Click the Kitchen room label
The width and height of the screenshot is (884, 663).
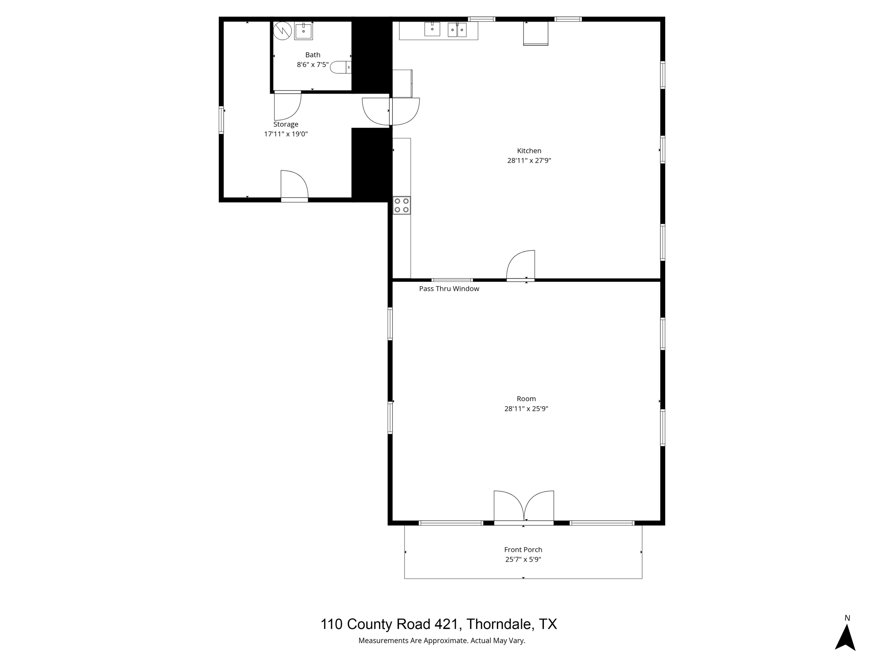(529, 151)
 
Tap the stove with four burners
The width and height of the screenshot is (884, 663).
(401, 205)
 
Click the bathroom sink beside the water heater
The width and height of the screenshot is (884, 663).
(303, 31)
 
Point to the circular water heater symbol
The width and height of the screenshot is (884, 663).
(283, 31)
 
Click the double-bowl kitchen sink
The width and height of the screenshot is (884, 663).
(457, 30)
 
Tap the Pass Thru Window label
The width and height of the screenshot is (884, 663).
(449, 289)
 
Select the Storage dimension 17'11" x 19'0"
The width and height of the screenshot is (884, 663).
(286, 134)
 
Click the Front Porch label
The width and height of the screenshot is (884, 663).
(523, 549)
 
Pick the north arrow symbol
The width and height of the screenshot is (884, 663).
(845, 637)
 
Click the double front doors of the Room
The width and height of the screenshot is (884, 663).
(524, 508)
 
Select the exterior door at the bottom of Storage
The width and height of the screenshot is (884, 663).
(294, 186)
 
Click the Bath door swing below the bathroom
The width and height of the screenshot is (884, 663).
(287, 106)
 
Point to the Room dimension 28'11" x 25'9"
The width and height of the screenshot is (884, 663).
(526, 409)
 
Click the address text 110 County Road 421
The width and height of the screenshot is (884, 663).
(439, 624)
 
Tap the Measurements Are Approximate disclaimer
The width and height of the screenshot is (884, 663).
(442, 641)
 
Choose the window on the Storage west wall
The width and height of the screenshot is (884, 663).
(221, 120)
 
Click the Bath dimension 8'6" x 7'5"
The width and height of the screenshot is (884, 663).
(313, 65)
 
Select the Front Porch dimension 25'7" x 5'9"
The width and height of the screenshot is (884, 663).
(523, 559)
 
